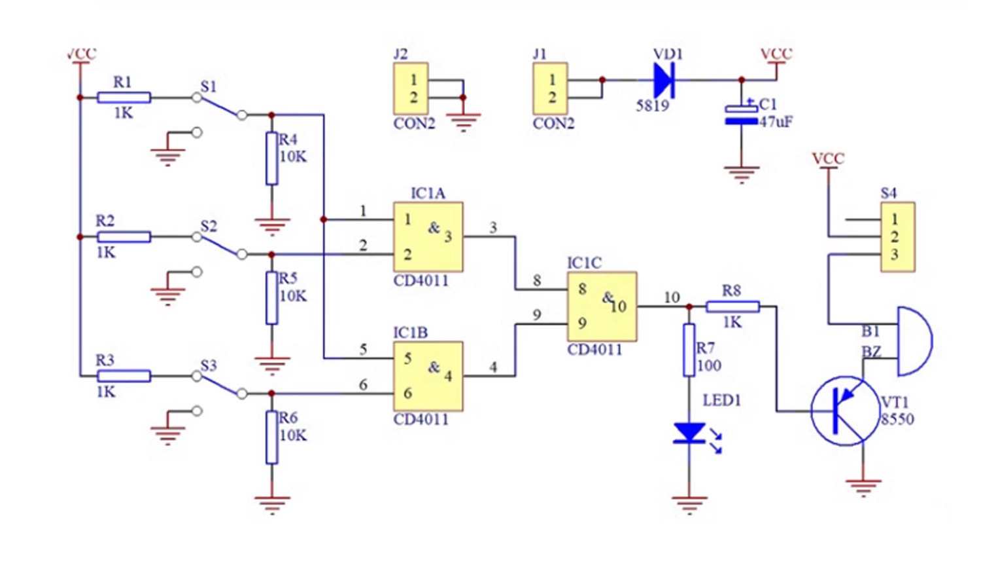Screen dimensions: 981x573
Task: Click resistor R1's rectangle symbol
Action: coord(124,98)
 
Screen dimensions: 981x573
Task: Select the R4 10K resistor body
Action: coord(272,158)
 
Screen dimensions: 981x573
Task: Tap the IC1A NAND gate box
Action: coord(428,237)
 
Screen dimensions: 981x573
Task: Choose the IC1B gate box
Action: coord(428,376)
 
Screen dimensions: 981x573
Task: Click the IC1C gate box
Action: coord(602,306)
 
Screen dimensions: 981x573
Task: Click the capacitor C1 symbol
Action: coord(742,115)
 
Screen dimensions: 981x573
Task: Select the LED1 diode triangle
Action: coord(689,433)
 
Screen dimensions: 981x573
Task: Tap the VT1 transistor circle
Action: coord(845,411)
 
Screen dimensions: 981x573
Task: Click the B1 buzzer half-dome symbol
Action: coord(914,341)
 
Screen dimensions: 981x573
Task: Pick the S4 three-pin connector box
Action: coord(898,237)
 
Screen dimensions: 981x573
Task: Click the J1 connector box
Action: coord(550,88)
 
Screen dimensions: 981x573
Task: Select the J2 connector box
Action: coord(411,88)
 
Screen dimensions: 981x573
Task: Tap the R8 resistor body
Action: coord(732,306)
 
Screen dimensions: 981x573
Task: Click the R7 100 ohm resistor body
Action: coord(689,350)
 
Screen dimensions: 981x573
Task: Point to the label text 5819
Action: coord(653,105)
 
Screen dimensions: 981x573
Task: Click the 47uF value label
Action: coord(776,121)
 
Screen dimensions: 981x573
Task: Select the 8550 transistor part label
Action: coord(897,419)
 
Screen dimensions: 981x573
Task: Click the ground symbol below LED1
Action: coord(689,505)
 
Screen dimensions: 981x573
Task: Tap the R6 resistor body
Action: coord(272,437)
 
